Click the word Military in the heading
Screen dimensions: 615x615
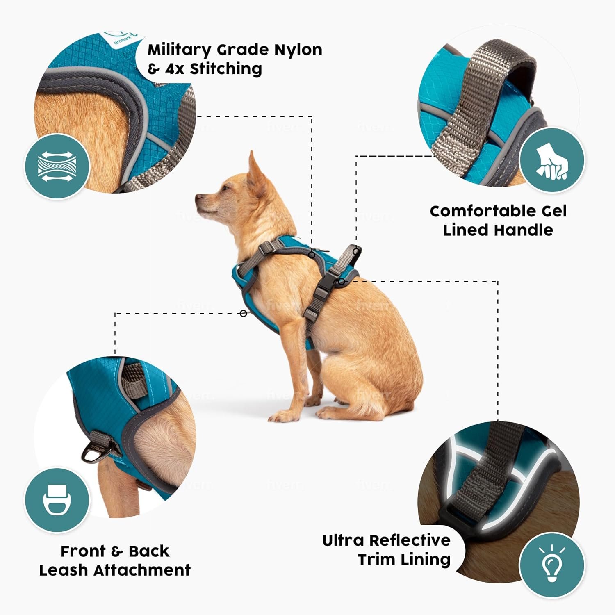click(179, 50)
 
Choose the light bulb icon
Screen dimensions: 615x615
click(552, 565)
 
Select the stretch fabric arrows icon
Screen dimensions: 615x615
click(57, 166)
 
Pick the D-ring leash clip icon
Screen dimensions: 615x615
click(57, 500)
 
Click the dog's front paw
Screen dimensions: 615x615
click(279, 416)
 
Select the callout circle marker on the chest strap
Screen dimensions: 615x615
click(244, 314)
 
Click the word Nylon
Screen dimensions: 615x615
click(298, 50)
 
